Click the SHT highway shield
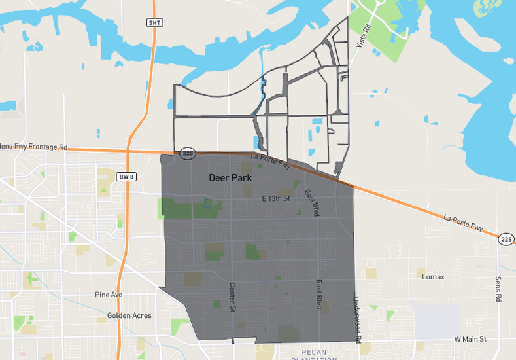click(154, 22)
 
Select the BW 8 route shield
click(125, 177)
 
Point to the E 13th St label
click(275, 198)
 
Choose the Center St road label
click(232, 297)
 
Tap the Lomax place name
click(433, 277)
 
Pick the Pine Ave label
click(109, 295)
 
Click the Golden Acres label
click(129, 316)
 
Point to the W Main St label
click(470, 340)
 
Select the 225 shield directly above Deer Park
click(188, 153)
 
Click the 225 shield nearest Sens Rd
click(506, 240)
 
